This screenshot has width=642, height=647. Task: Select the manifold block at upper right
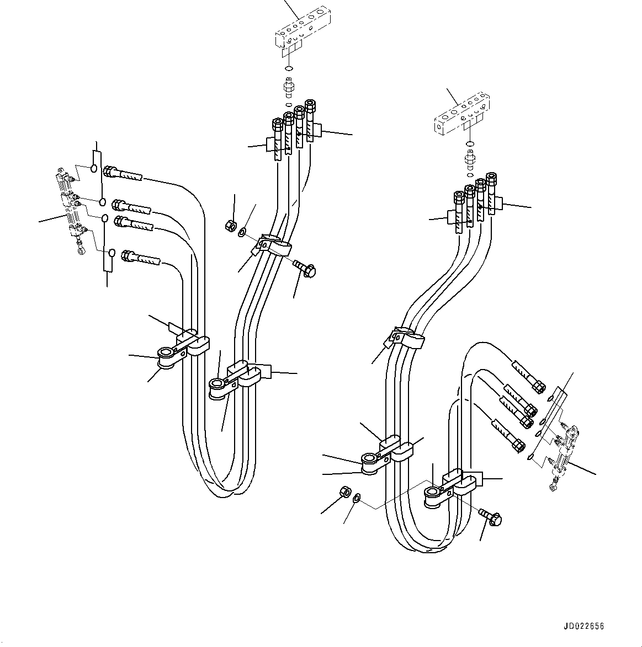[461, 115]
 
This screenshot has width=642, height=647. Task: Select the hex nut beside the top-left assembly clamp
[231, 225]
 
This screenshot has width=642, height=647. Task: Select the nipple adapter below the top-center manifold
[288, 87]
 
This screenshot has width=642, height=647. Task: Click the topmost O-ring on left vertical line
[94, 168]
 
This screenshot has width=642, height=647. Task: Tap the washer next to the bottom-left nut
[357, 498]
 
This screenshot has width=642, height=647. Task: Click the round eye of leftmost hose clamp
[165, 352]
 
